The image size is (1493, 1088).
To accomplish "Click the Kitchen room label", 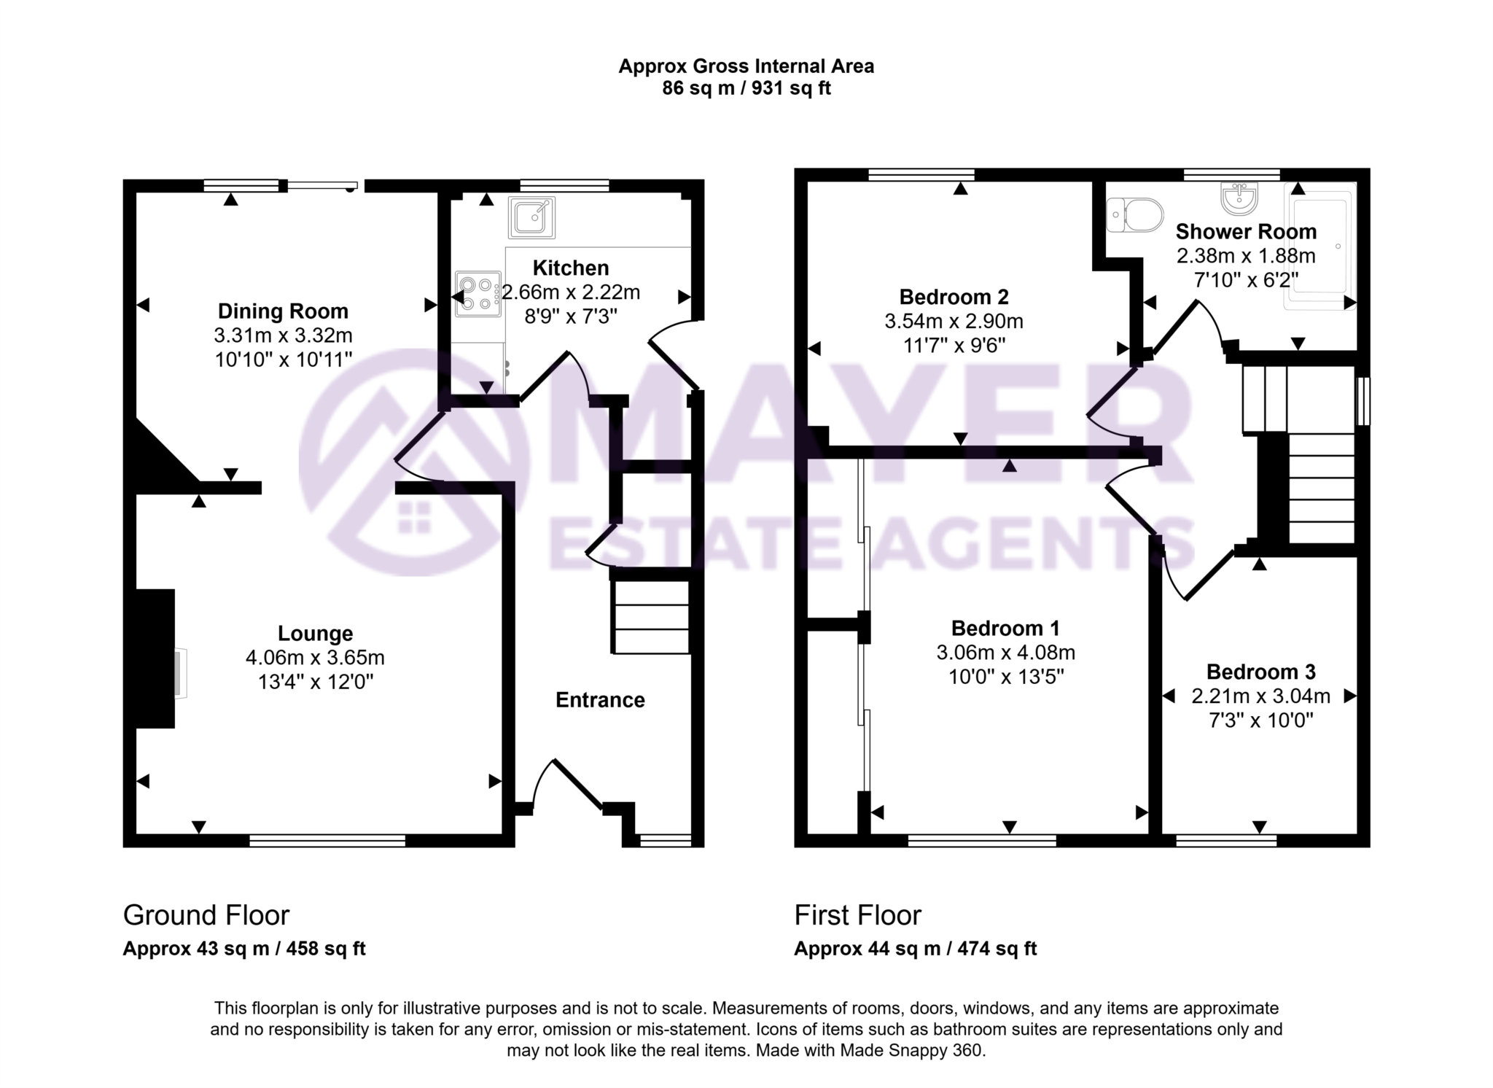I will click(x=570, y=268).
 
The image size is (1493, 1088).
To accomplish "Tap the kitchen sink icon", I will click(x=531, y=217).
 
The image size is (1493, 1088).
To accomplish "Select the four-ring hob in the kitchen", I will click(x=477, y=294).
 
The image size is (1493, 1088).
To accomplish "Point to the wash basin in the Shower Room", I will click(x=1239, y=198).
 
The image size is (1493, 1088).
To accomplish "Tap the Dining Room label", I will click(x=283, y=311).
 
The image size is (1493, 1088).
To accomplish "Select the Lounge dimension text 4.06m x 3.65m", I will click(x=315, y=658).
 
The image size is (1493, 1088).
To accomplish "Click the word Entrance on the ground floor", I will click(x=600, y=700).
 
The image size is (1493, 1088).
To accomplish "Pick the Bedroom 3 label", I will click(x=1261, y=672).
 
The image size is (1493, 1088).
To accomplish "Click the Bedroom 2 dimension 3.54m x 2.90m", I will click(x=954, y=322).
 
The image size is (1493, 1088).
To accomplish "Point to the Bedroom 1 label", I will click(x=1005, y=628).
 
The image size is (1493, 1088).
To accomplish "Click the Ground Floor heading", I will click(x=206, y=915).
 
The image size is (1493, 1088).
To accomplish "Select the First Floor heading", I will click(x=857, y=915).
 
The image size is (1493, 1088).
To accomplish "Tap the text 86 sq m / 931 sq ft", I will click(x=746, y=89).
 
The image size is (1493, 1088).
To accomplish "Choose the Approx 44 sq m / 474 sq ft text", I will click(x=915, y=949).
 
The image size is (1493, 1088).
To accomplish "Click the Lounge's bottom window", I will click(x=327, y=841).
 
